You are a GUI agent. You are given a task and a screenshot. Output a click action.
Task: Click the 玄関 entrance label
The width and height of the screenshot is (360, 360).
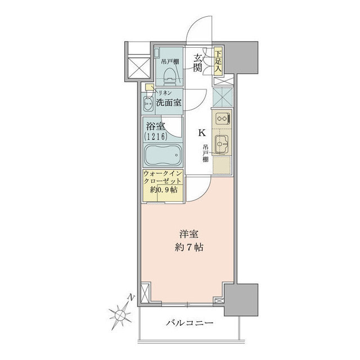198,62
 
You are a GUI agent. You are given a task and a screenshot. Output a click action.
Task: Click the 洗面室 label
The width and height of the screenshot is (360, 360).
169,102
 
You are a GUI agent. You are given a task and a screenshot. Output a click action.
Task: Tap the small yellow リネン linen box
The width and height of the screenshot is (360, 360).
149,87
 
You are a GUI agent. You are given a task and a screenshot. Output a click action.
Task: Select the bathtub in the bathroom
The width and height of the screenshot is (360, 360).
163,154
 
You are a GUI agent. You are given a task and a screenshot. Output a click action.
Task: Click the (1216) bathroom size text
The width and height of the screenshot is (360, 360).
155,137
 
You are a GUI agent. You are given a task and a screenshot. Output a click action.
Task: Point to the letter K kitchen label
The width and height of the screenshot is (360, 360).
200,133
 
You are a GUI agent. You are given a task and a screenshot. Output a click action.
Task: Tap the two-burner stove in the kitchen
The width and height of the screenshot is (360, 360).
220,119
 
